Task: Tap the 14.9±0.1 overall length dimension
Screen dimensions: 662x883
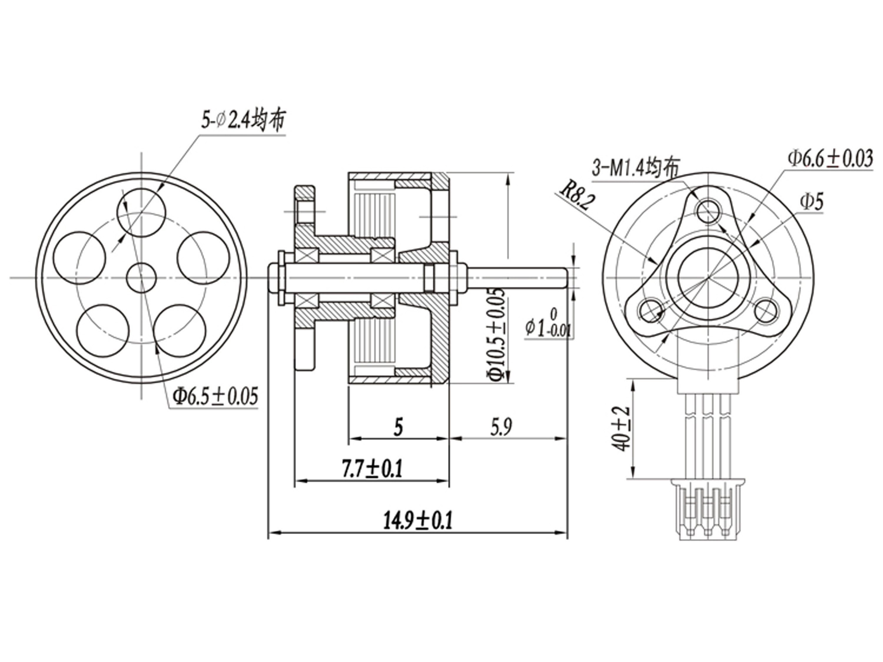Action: click(x=418, y=521)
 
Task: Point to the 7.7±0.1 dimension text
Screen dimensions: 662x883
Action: click(x=372, y=469)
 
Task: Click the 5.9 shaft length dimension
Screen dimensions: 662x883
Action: click(x=501, y=428)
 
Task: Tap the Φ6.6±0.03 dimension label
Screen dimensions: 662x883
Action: click(x=830, y=158)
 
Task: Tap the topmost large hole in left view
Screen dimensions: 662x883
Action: click(x=141, y=212)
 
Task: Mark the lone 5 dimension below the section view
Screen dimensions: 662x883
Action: click(x=398, y=427)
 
